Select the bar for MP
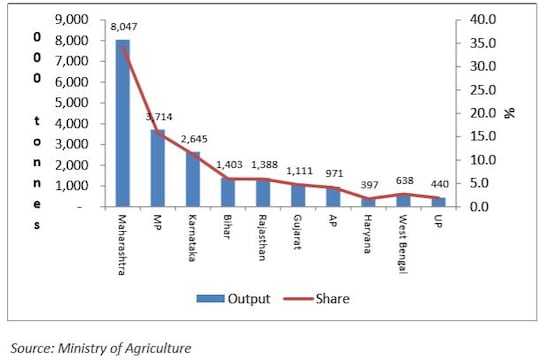pyautogui.click(x=157, y=168)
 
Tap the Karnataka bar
pyautogui.click(x=192, y=179)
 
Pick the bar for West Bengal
pyautogui.click(x=403, y=200)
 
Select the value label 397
pyautogui.click(x=367, y=185)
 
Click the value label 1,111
pyautogui.click(x=299, y=171)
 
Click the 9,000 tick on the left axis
pyautogui.click(x=72, y=19)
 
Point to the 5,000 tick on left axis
pyautogui.click(x=72, y=102)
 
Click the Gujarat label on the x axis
pyautogui.click(x=298, y=233)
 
